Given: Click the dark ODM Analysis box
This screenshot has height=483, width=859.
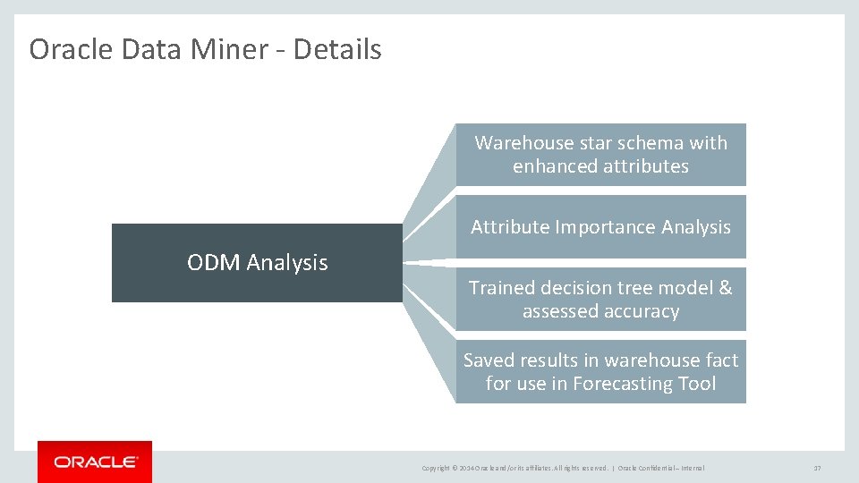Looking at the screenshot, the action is click(257, 263).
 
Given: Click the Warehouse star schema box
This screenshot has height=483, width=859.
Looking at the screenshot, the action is click(600, 155).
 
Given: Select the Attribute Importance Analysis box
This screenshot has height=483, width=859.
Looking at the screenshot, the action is click(600, 227).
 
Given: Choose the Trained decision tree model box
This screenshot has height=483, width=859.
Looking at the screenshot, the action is click(600, 300).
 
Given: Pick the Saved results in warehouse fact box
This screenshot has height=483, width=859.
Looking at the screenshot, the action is click(600, 372).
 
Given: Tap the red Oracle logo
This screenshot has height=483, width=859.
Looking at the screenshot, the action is click(95, 462).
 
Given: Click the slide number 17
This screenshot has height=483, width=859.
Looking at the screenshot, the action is click(817, 468).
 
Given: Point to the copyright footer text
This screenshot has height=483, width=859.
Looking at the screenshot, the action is click(563, 468).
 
